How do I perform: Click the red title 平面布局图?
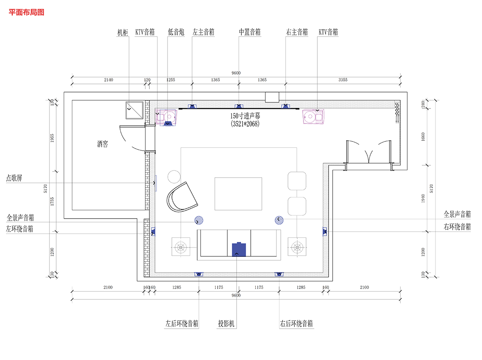27,12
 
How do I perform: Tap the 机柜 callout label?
123,33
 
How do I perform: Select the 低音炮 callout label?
176,32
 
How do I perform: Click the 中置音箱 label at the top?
250,32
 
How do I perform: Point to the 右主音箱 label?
297,32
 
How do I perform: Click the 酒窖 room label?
102,144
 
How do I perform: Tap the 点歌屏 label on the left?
14,178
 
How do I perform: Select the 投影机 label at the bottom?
226,323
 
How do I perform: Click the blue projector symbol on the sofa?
239,249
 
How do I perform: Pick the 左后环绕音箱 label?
182,323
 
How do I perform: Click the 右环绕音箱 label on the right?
457,227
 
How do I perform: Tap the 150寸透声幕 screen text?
245,116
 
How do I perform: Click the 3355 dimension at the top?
343,80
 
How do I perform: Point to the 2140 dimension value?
108,80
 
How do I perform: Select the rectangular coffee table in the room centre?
238,194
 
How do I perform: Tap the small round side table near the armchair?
174,177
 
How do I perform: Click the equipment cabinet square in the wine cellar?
135,110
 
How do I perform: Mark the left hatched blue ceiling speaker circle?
199,220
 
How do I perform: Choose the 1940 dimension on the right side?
423,198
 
